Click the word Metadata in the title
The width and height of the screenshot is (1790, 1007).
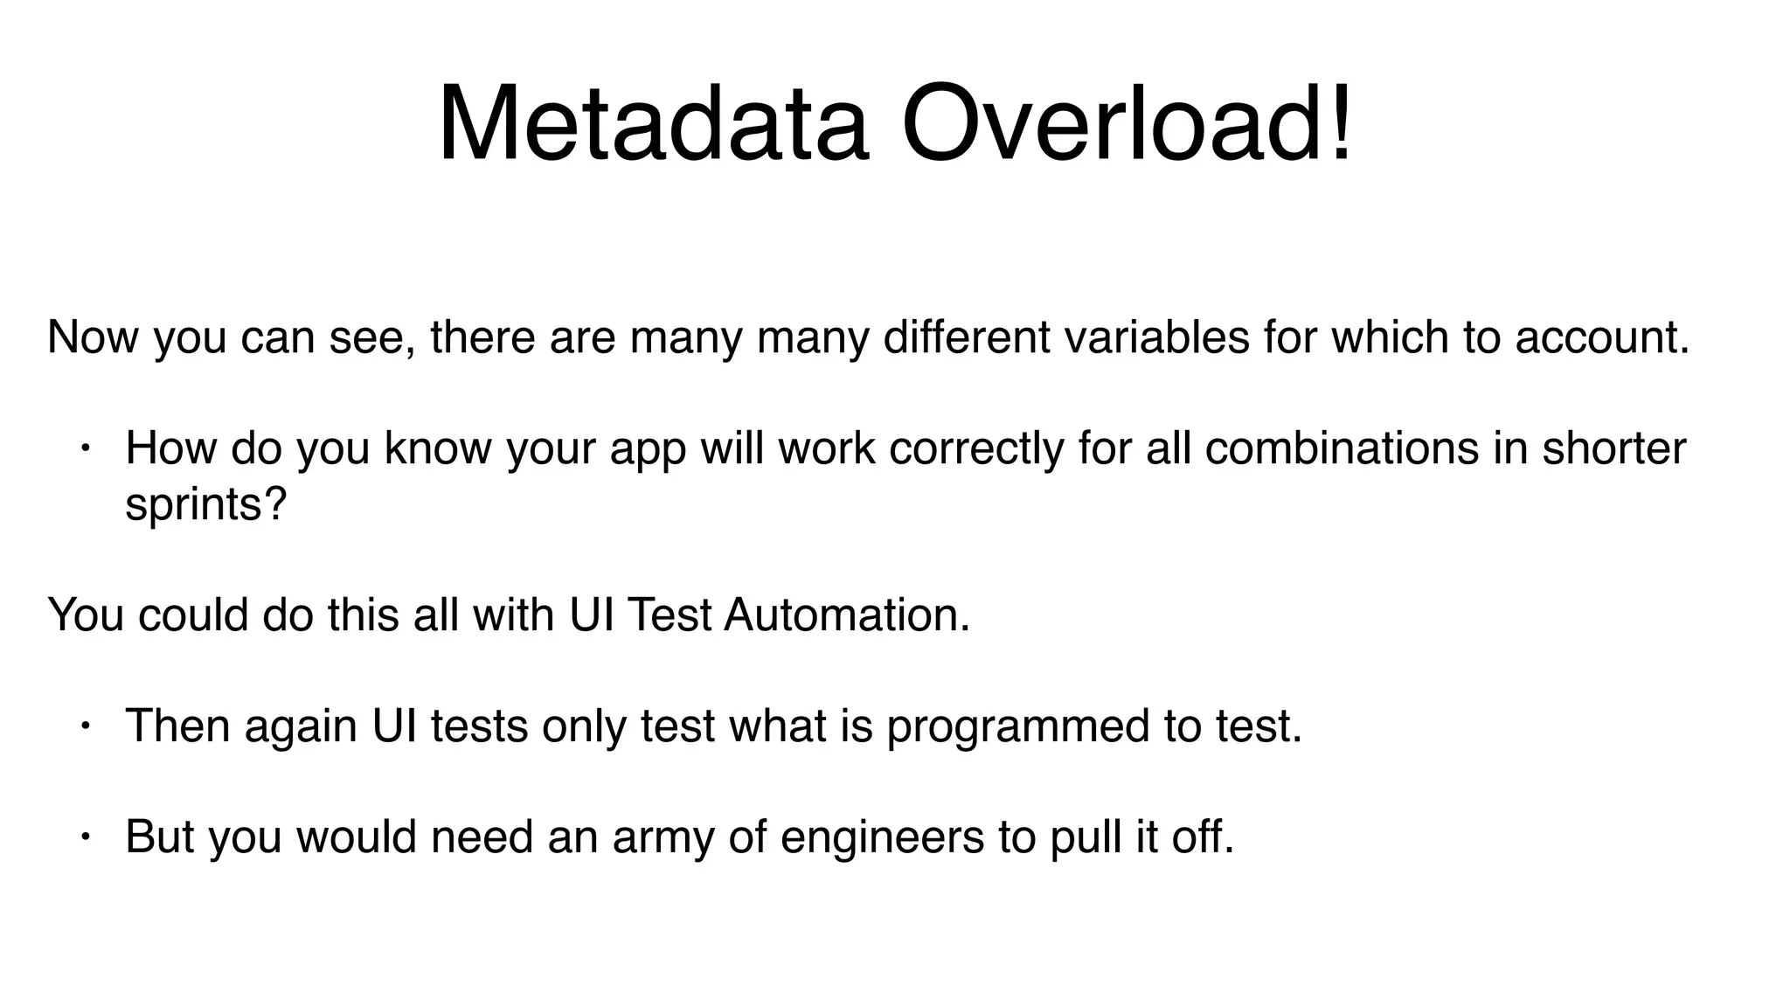click(654, 124)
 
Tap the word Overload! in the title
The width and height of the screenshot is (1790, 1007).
click(1127, 124)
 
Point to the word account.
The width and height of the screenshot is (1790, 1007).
click(1602, 337)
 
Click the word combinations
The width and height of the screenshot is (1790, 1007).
click(1342, 448)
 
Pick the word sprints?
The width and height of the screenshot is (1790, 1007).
click(206, 505)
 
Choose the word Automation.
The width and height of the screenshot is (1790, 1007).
click(847, 615)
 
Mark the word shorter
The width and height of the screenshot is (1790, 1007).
click(1613, 448)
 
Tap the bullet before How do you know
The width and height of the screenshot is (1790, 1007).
click(85, 449)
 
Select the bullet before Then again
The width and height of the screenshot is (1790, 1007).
click(85, 726)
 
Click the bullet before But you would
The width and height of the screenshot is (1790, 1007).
click(85, 837)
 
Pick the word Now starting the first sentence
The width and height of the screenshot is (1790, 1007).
click(93, 337)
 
